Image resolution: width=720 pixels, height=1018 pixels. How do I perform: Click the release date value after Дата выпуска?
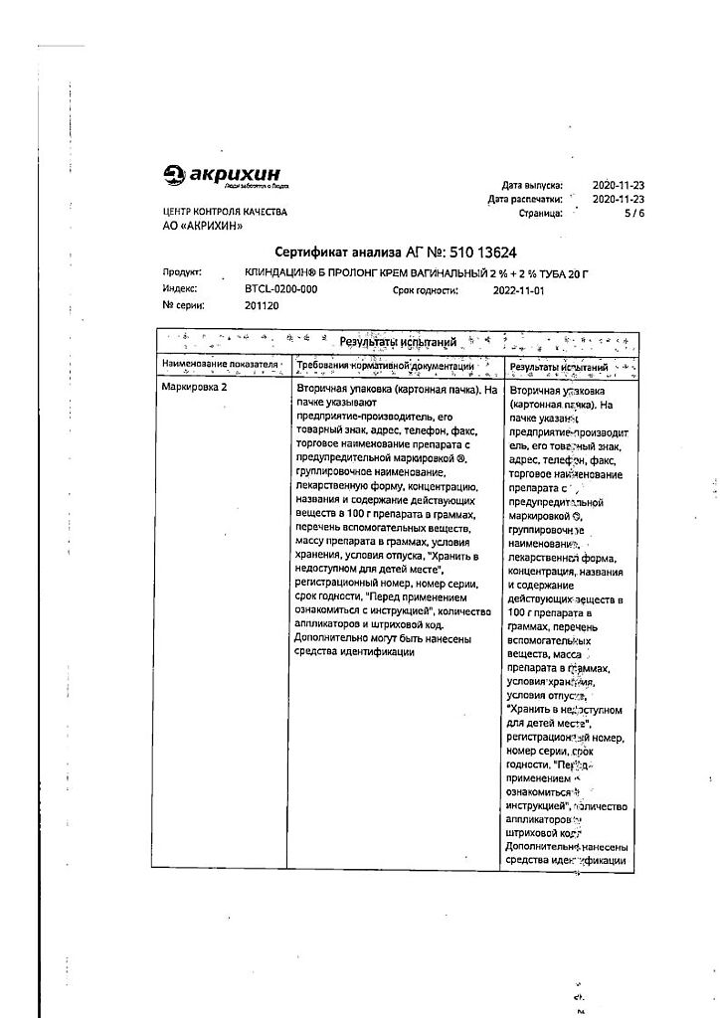pos(619,185)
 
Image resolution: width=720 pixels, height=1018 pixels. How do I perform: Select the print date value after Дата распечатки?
pos(619,199)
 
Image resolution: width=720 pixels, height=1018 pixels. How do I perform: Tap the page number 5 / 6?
pos(632,213)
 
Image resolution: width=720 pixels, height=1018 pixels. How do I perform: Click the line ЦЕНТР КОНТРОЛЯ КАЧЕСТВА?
pos(224,213)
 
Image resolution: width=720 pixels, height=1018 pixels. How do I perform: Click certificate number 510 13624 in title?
pos(482,253)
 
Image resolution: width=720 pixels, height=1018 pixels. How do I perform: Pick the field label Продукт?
pos(181,271)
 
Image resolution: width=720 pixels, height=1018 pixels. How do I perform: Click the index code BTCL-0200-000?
pos(280,289)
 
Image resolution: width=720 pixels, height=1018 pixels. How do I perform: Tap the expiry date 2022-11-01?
pos(519,290)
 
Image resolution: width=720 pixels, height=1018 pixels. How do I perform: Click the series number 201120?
pos(262,306)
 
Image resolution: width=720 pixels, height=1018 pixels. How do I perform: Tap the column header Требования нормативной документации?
pos(397,367)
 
